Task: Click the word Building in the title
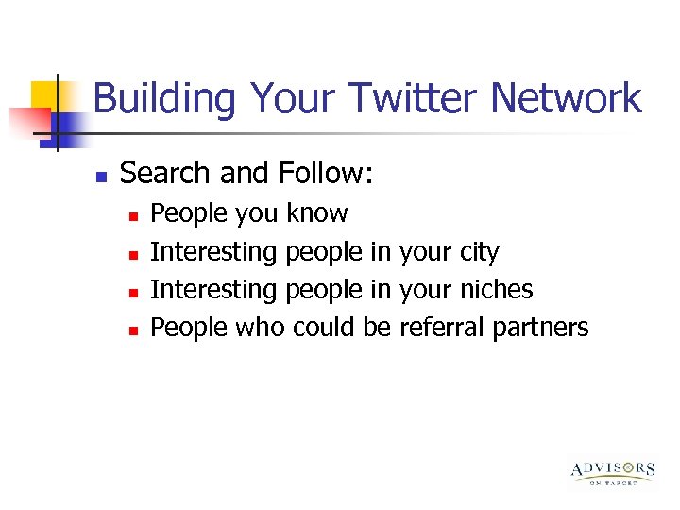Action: click(166, 99)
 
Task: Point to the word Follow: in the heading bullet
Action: click(326, 174)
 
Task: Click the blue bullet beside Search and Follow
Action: click(101, 176)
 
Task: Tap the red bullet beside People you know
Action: click(133, 216)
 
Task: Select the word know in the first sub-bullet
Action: click(317, 213)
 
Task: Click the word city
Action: click(478, 252)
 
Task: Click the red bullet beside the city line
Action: click(133, 254)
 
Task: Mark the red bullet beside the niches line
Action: click(133, 292)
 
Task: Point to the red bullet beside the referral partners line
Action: click(133, 330)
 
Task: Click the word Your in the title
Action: click(295, 99)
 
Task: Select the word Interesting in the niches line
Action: click(214, 289)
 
